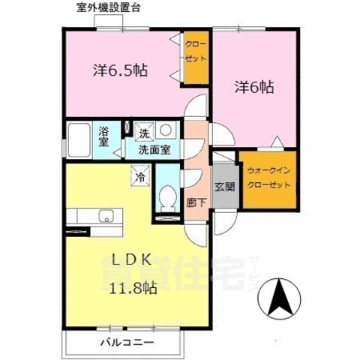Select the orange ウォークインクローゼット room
point(268,178)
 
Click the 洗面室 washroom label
point(153,149)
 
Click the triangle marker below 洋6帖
point(276,141)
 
